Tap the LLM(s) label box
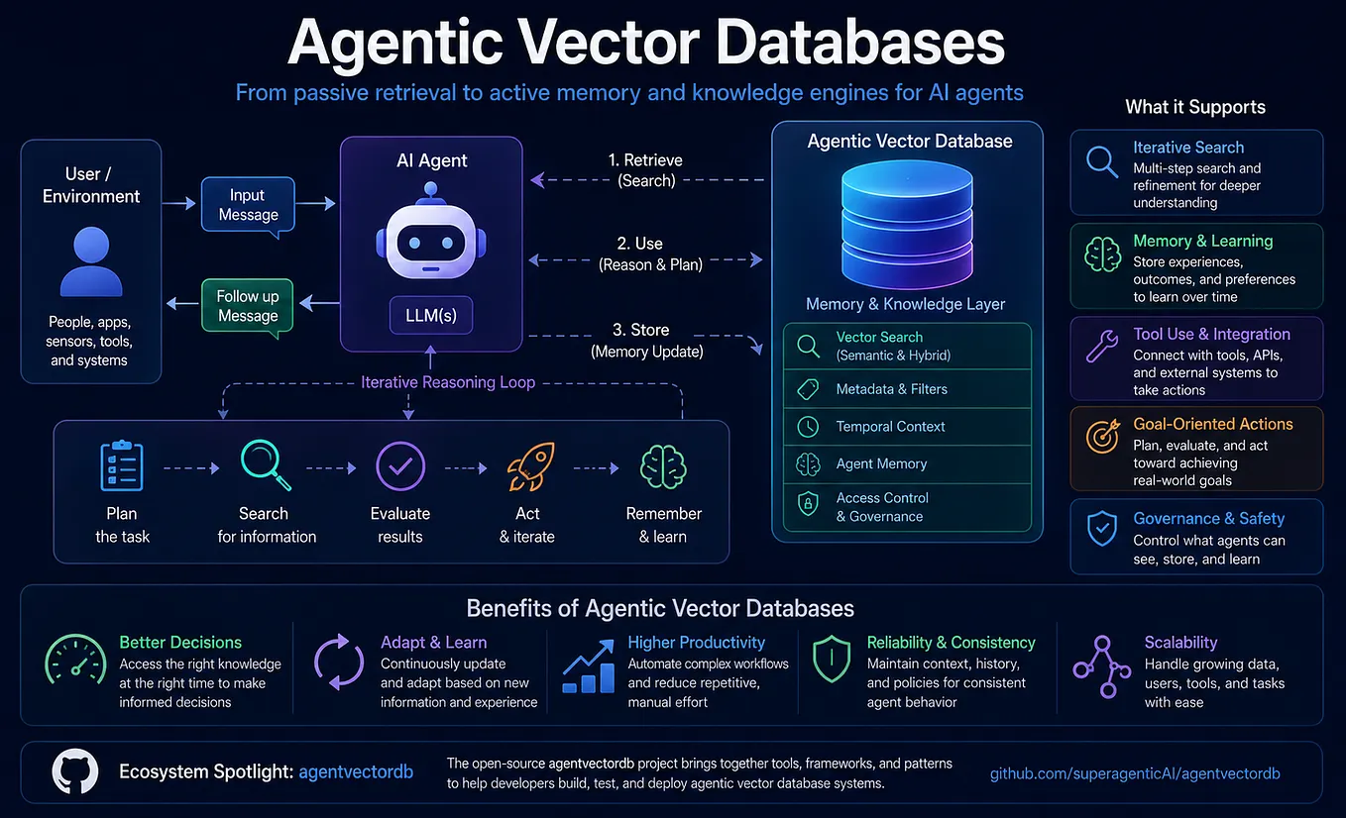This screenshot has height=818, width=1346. (x=431, y=315)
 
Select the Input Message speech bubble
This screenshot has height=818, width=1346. (x=248, y=206)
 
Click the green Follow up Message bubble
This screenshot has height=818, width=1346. (x=248, y=307)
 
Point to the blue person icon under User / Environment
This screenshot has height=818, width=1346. (x=91, y=261)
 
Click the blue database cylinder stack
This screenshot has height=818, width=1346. (x=907, y=224)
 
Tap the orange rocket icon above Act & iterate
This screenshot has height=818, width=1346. (x=530, y=466)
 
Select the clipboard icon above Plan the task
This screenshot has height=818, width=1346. (x=121, y=465)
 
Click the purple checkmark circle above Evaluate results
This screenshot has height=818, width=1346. (x=400, y=466)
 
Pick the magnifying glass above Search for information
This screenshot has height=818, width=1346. (x=265, y=464)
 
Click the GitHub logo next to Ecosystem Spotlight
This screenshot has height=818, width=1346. (x=75, y=771)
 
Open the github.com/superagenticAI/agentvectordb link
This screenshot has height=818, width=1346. (x=1135, y=773)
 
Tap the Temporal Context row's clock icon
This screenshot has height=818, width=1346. (x=808, y=427)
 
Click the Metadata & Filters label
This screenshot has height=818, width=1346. (x=892, y=389)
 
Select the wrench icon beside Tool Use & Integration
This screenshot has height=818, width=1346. (x=1102, y=346)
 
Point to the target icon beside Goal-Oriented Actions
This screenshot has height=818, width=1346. (x=1102, y=436)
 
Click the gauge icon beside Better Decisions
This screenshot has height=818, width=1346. (x=75, y=660)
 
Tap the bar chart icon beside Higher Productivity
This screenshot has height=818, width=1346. (x=589, y=666)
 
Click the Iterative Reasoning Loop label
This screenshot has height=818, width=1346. (x=448, y=382)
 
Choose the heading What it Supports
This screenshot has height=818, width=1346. (x=1195, y=107)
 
